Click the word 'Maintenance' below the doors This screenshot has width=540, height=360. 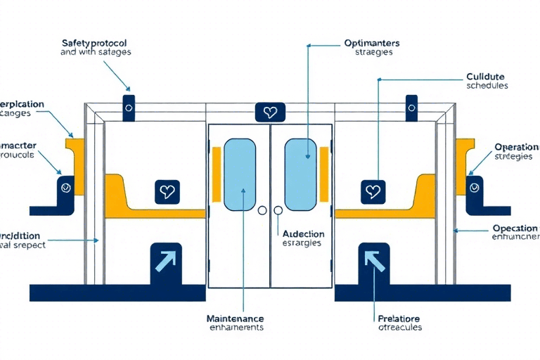(x=236, y=318)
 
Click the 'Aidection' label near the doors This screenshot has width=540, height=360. (x=302, y=233)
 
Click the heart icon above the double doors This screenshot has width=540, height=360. (x=270, y=112)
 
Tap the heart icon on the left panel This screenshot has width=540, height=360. (x=167, y=191)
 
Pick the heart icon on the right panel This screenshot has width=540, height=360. (x=373, y=191)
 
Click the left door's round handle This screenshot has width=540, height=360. (x=263, y=210)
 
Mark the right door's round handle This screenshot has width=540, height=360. (x=278, y=210)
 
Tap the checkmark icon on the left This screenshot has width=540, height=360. (x=66, y=188)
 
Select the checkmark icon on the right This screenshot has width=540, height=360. (x=475, y=188)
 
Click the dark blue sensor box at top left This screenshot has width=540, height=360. (x=129, y=106)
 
